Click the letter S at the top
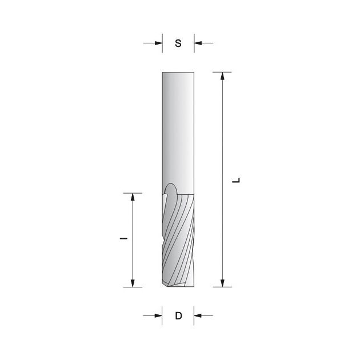pos(178,43)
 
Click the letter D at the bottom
pos(178,316)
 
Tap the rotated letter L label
pos(236,180)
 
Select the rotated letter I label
pos(123,238)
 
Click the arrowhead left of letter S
pos(159,43)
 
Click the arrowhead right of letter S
pos(198,43)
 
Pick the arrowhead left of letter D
pos(158,315)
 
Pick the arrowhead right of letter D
pos(198,315)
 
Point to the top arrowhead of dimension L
pos(222,76)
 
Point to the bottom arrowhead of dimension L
pos(222,283)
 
